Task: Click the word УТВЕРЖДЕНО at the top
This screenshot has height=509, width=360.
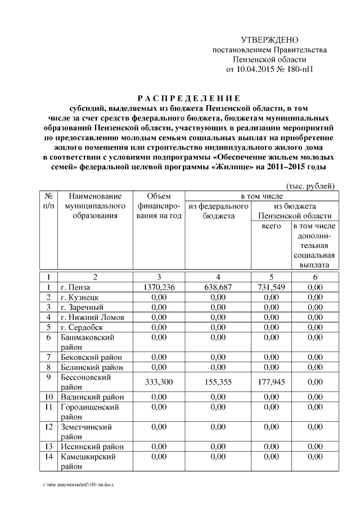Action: coord(269,40)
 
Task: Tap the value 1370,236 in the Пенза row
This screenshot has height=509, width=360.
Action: coord(160,287)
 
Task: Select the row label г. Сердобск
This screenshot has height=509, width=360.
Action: coord(83,327)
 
